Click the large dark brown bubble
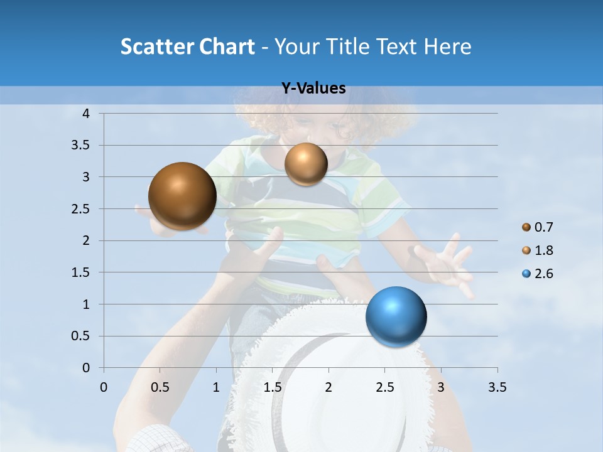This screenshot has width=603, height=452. click(182, 196)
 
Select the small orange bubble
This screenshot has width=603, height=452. click(306, 164)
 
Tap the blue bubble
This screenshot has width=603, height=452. click(396, 316)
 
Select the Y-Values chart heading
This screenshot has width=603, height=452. click(313, 89)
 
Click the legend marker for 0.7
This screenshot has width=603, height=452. click(526, 227)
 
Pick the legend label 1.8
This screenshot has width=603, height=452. click(544, 250)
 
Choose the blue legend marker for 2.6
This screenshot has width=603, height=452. click(526, 274)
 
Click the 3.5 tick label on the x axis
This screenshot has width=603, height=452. click(496, 387)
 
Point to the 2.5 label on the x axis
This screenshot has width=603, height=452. click(384, 387)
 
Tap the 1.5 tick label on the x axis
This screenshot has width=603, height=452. click(272, 387)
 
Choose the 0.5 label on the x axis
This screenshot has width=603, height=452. click(160, 387)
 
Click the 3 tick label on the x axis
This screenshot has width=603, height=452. click(440, 387)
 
